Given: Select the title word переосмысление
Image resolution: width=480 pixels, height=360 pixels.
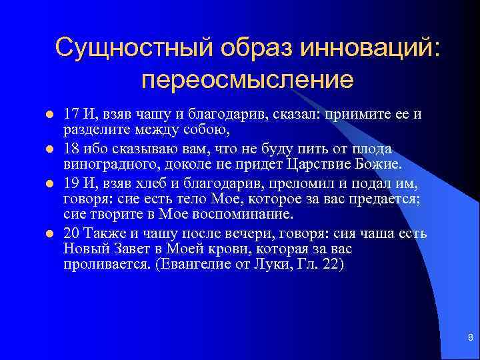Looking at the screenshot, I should (247, 80).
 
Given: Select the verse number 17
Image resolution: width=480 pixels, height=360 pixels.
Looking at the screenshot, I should (71, 114).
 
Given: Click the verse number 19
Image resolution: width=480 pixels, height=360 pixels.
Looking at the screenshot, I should (71, 182).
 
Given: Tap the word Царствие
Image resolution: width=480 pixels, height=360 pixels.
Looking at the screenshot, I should (317, 163).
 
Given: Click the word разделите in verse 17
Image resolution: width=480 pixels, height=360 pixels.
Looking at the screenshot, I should (93, 129).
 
